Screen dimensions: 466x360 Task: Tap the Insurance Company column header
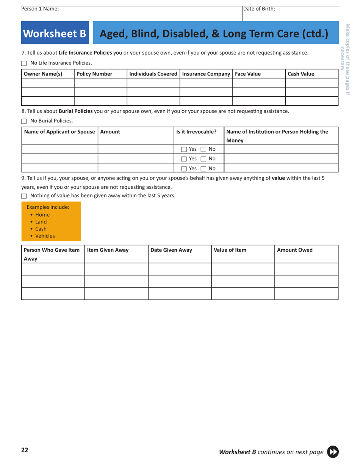[x=205, y=74]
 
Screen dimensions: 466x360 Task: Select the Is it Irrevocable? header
[x=196, y=132]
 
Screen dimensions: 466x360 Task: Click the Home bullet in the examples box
[x=42, y=214]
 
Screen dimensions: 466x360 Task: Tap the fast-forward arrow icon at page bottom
[x=332, y=452]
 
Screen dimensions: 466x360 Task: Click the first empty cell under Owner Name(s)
[x=47, y=83]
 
